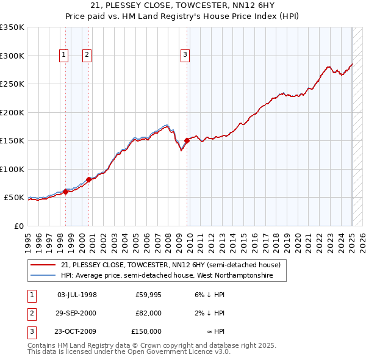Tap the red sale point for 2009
[187, 141]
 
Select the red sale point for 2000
[88, 179]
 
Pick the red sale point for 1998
[65, 192]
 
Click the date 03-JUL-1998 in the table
[77, 295]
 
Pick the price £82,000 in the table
[148, 313]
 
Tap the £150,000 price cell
[146, 331]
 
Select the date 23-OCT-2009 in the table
[77, 331]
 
